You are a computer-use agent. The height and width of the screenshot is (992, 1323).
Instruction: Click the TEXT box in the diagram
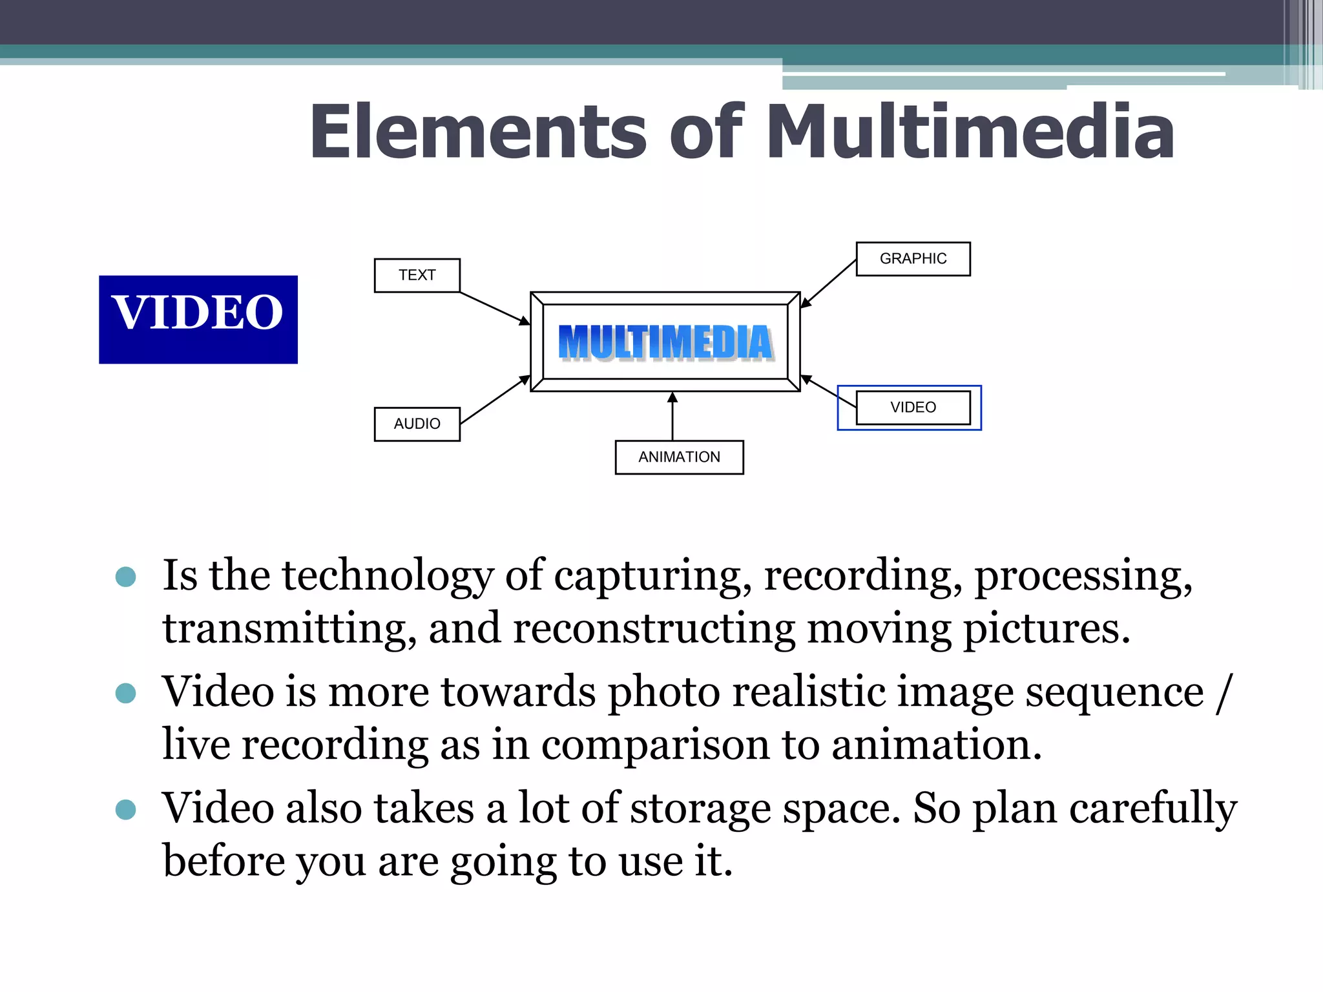[417, 275]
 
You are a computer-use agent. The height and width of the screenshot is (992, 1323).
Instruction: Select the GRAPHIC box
[913, 258]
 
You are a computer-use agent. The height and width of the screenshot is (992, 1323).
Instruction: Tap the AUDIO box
[417, 424]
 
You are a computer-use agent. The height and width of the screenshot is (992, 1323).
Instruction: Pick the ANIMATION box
[679, 457]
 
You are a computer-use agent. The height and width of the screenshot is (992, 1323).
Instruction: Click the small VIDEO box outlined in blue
[913, 408]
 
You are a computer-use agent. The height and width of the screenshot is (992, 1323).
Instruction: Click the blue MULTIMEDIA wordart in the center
[665, 342]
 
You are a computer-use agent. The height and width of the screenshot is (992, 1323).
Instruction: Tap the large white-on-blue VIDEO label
[198, 319]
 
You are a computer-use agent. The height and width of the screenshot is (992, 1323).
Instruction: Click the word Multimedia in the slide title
[969, 132]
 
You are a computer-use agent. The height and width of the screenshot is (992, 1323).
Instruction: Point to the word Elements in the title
[478, 132]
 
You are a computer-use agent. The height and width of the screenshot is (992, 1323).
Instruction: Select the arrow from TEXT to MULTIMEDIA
[494, 308]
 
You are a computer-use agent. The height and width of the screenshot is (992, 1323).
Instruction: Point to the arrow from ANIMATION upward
[672, 417]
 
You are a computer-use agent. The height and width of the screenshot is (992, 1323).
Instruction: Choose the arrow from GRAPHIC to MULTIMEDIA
[829, 283]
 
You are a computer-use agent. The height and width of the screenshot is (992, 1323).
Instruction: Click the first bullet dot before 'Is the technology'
[125, 577]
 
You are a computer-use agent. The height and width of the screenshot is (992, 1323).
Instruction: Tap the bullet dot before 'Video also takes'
[125, 809]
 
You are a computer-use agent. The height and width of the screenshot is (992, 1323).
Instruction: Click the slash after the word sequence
[1223, 693]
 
